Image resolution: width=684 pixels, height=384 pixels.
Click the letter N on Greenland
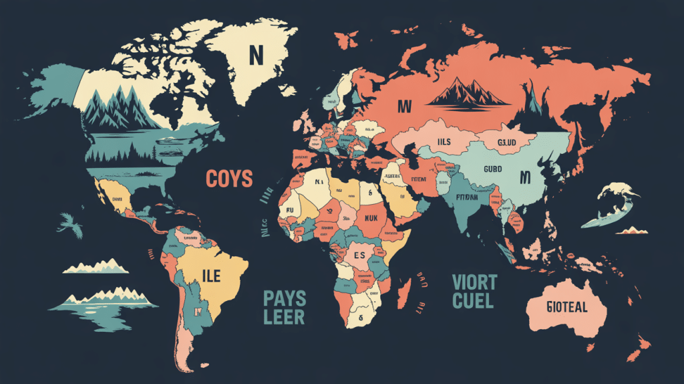point(254,54)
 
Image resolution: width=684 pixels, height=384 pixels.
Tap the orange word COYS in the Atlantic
point(228,179)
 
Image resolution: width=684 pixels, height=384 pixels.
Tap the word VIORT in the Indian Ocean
point(474,281)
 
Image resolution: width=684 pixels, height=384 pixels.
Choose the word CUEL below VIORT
point(473,300)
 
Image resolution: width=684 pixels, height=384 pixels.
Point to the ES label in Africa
point(359,255)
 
